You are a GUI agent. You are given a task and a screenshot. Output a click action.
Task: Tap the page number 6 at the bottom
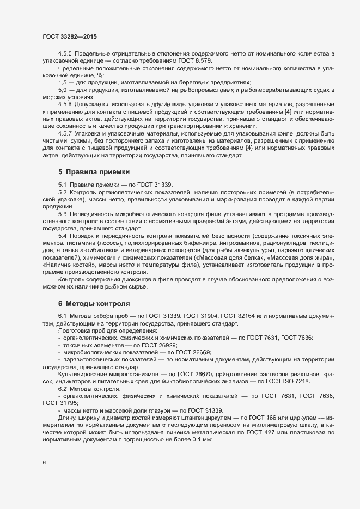click(44, 463)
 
